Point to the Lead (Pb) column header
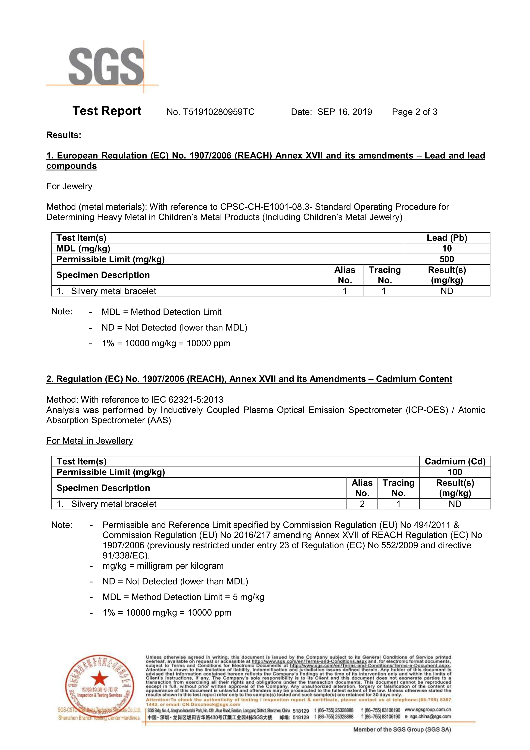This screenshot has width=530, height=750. (447, 238)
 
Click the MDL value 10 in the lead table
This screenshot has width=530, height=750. (447, 249)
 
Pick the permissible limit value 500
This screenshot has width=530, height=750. (447, 259)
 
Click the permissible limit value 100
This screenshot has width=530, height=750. (455, 472)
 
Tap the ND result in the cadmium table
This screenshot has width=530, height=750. (455, 504)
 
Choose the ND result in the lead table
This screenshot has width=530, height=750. (447, 291)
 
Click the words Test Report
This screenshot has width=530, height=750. (107, 111)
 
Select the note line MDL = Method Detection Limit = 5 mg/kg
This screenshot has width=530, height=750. (183, 597)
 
